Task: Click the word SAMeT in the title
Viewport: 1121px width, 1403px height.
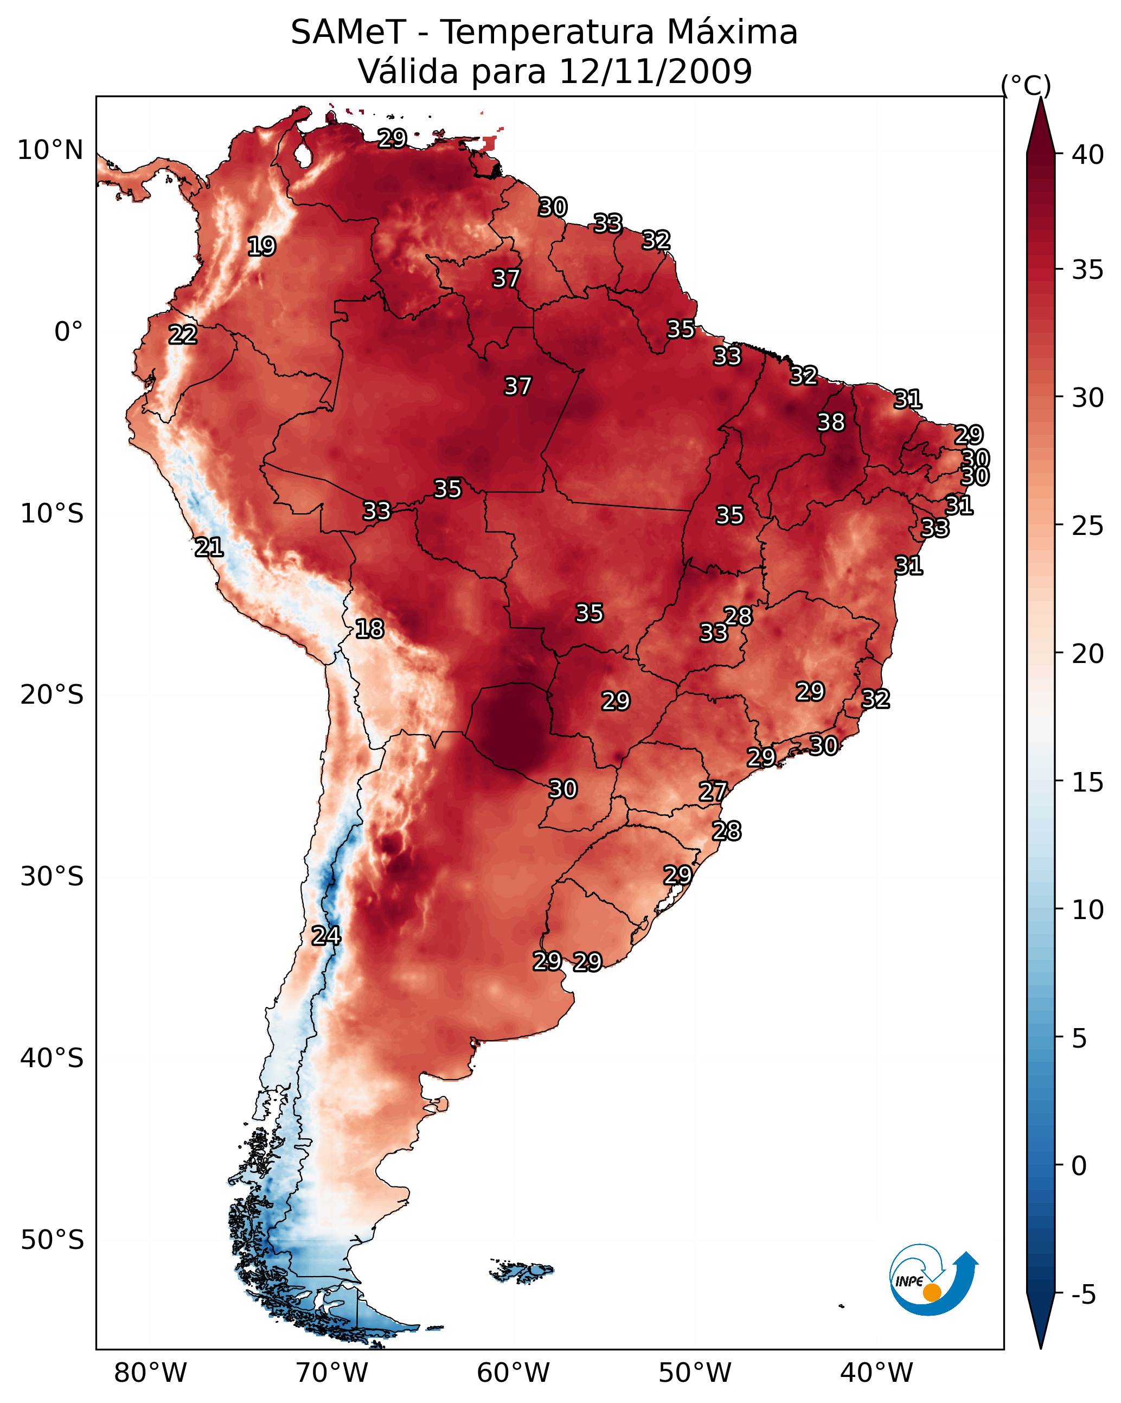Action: (x=348, y=33)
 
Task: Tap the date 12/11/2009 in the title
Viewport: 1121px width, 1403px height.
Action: (x=655, y=72)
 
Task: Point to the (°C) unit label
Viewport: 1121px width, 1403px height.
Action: (x=1026, y=85)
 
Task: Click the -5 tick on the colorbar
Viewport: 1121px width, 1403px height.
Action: (x=1082, y=1295)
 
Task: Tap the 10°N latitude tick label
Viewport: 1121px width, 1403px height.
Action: (x=50, y=150)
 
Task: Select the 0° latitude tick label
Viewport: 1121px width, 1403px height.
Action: (x=68, y=332)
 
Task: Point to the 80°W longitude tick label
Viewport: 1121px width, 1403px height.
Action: (x=150, y=1373)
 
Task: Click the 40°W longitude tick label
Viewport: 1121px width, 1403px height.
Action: (x=876, y=1373)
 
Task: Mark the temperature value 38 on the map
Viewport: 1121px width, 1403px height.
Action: (x=831, y=422)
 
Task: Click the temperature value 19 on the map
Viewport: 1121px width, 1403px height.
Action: (x=261, y=247)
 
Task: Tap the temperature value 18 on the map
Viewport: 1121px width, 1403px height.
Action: (x=369, y=629)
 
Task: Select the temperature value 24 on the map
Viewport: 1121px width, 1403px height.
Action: (x=326, y=936)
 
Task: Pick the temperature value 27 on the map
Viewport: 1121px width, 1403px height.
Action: (x=713, y=792)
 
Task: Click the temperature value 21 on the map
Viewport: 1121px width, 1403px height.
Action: (x=209, y=547)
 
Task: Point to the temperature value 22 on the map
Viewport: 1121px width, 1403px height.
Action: (x=183, y=335)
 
